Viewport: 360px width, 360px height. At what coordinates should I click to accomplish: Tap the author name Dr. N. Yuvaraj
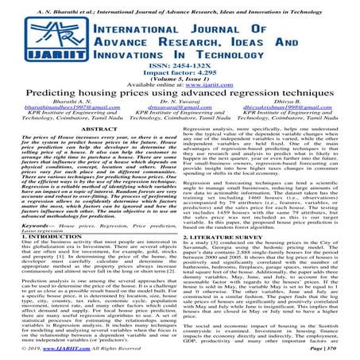pos(180,117)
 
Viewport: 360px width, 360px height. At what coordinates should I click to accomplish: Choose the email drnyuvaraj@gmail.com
pos(180,123)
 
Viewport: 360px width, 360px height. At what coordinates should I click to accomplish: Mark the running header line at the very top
pos(180,4)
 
